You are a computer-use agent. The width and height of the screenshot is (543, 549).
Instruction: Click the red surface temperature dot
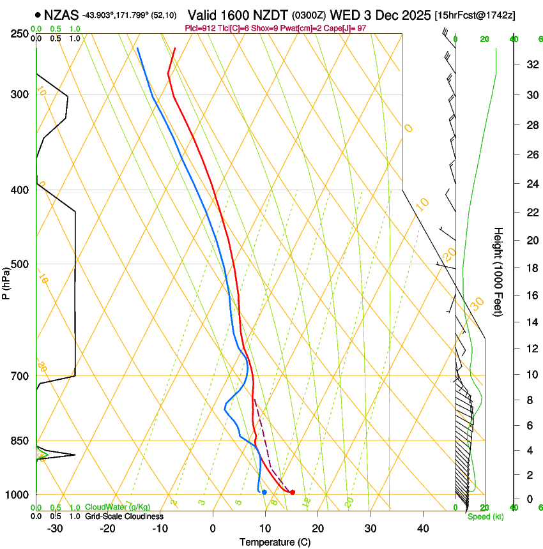pyautogui.click(x=293, y=492)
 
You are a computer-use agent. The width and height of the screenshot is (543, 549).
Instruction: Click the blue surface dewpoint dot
pyautogui.click(x=264, y=492)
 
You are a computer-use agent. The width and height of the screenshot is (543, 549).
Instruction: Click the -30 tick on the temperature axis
pyautogui.click(x=55, y=529)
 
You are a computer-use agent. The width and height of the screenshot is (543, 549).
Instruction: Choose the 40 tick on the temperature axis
pyautogui.click(x=423, y=529)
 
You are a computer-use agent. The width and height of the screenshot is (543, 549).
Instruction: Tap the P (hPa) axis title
pyautogui.click(x=6, y=281)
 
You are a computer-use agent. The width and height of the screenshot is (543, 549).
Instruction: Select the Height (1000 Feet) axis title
pyautogui.click(x=498, y=271)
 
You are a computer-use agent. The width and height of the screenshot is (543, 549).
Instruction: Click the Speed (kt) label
pyautogui.click(x=486, y=516)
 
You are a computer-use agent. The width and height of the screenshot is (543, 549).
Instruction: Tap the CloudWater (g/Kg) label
pyautogui.click(x=118, y=508)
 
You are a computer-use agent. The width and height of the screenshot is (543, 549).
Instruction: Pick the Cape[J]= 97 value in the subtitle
pyautogui.click(x=364, y=29)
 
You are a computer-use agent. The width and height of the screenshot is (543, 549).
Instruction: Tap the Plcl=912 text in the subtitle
pyautogui.click(x=199, y=29)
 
